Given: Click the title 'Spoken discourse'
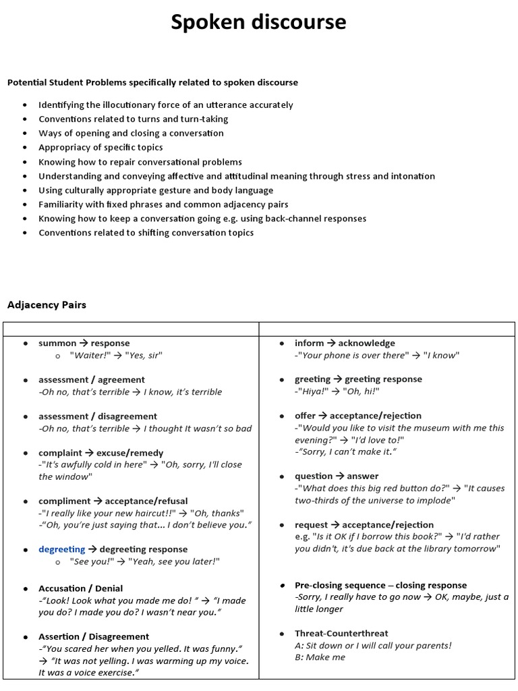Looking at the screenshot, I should [x=258, y=23].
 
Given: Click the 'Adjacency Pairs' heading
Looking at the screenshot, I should [x=47, y=305].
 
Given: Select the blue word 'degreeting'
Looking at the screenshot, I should [x=62, y=549].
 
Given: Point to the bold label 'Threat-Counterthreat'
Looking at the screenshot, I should [x=341, y=633].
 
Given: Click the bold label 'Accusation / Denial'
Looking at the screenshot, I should [x=80, y=588].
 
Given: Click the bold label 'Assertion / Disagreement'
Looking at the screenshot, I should [x=94, y=636].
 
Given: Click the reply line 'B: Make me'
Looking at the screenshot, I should [x=320, y=657].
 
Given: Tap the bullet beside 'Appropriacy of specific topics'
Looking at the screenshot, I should [x=25, y=148].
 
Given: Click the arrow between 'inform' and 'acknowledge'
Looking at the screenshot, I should [x=330, y=343].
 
